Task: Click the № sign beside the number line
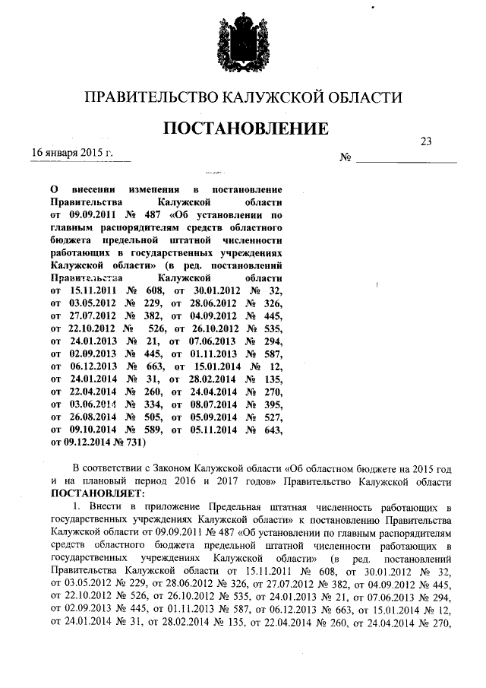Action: point(344,159)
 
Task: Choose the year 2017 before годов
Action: point(235,480)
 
